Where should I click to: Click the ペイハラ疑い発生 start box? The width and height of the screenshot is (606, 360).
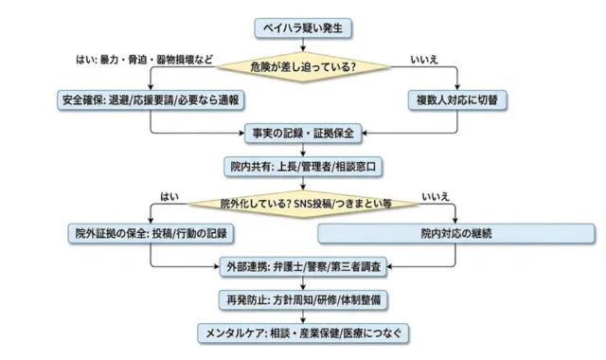click(304, 28)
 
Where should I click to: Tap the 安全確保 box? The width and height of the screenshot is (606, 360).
click(151, 99)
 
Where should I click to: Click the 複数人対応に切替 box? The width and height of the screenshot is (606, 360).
click(457, 99)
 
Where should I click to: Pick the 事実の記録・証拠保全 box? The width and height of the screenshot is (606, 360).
click(304, 134)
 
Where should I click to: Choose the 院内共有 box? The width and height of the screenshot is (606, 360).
click(304, 166)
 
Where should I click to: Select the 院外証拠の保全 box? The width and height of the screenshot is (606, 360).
click(151, 232)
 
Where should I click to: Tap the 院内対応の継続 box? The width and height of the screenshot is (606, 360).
click(457, 232)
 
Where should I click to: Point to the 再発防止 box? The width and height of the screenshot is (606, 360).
click(304, 299)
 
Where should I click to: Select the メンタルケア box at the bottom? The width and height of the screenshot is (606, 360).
click(304, 333)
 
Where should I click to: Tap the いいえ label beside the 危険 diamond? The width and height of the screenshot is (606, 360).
click(423, 60)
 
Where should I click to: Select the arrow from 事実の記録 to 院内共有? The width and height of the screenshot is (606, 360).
click(304, 150)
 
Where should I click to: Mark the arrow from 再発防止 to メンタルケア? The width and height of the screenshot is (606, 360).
click(304, 316)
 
